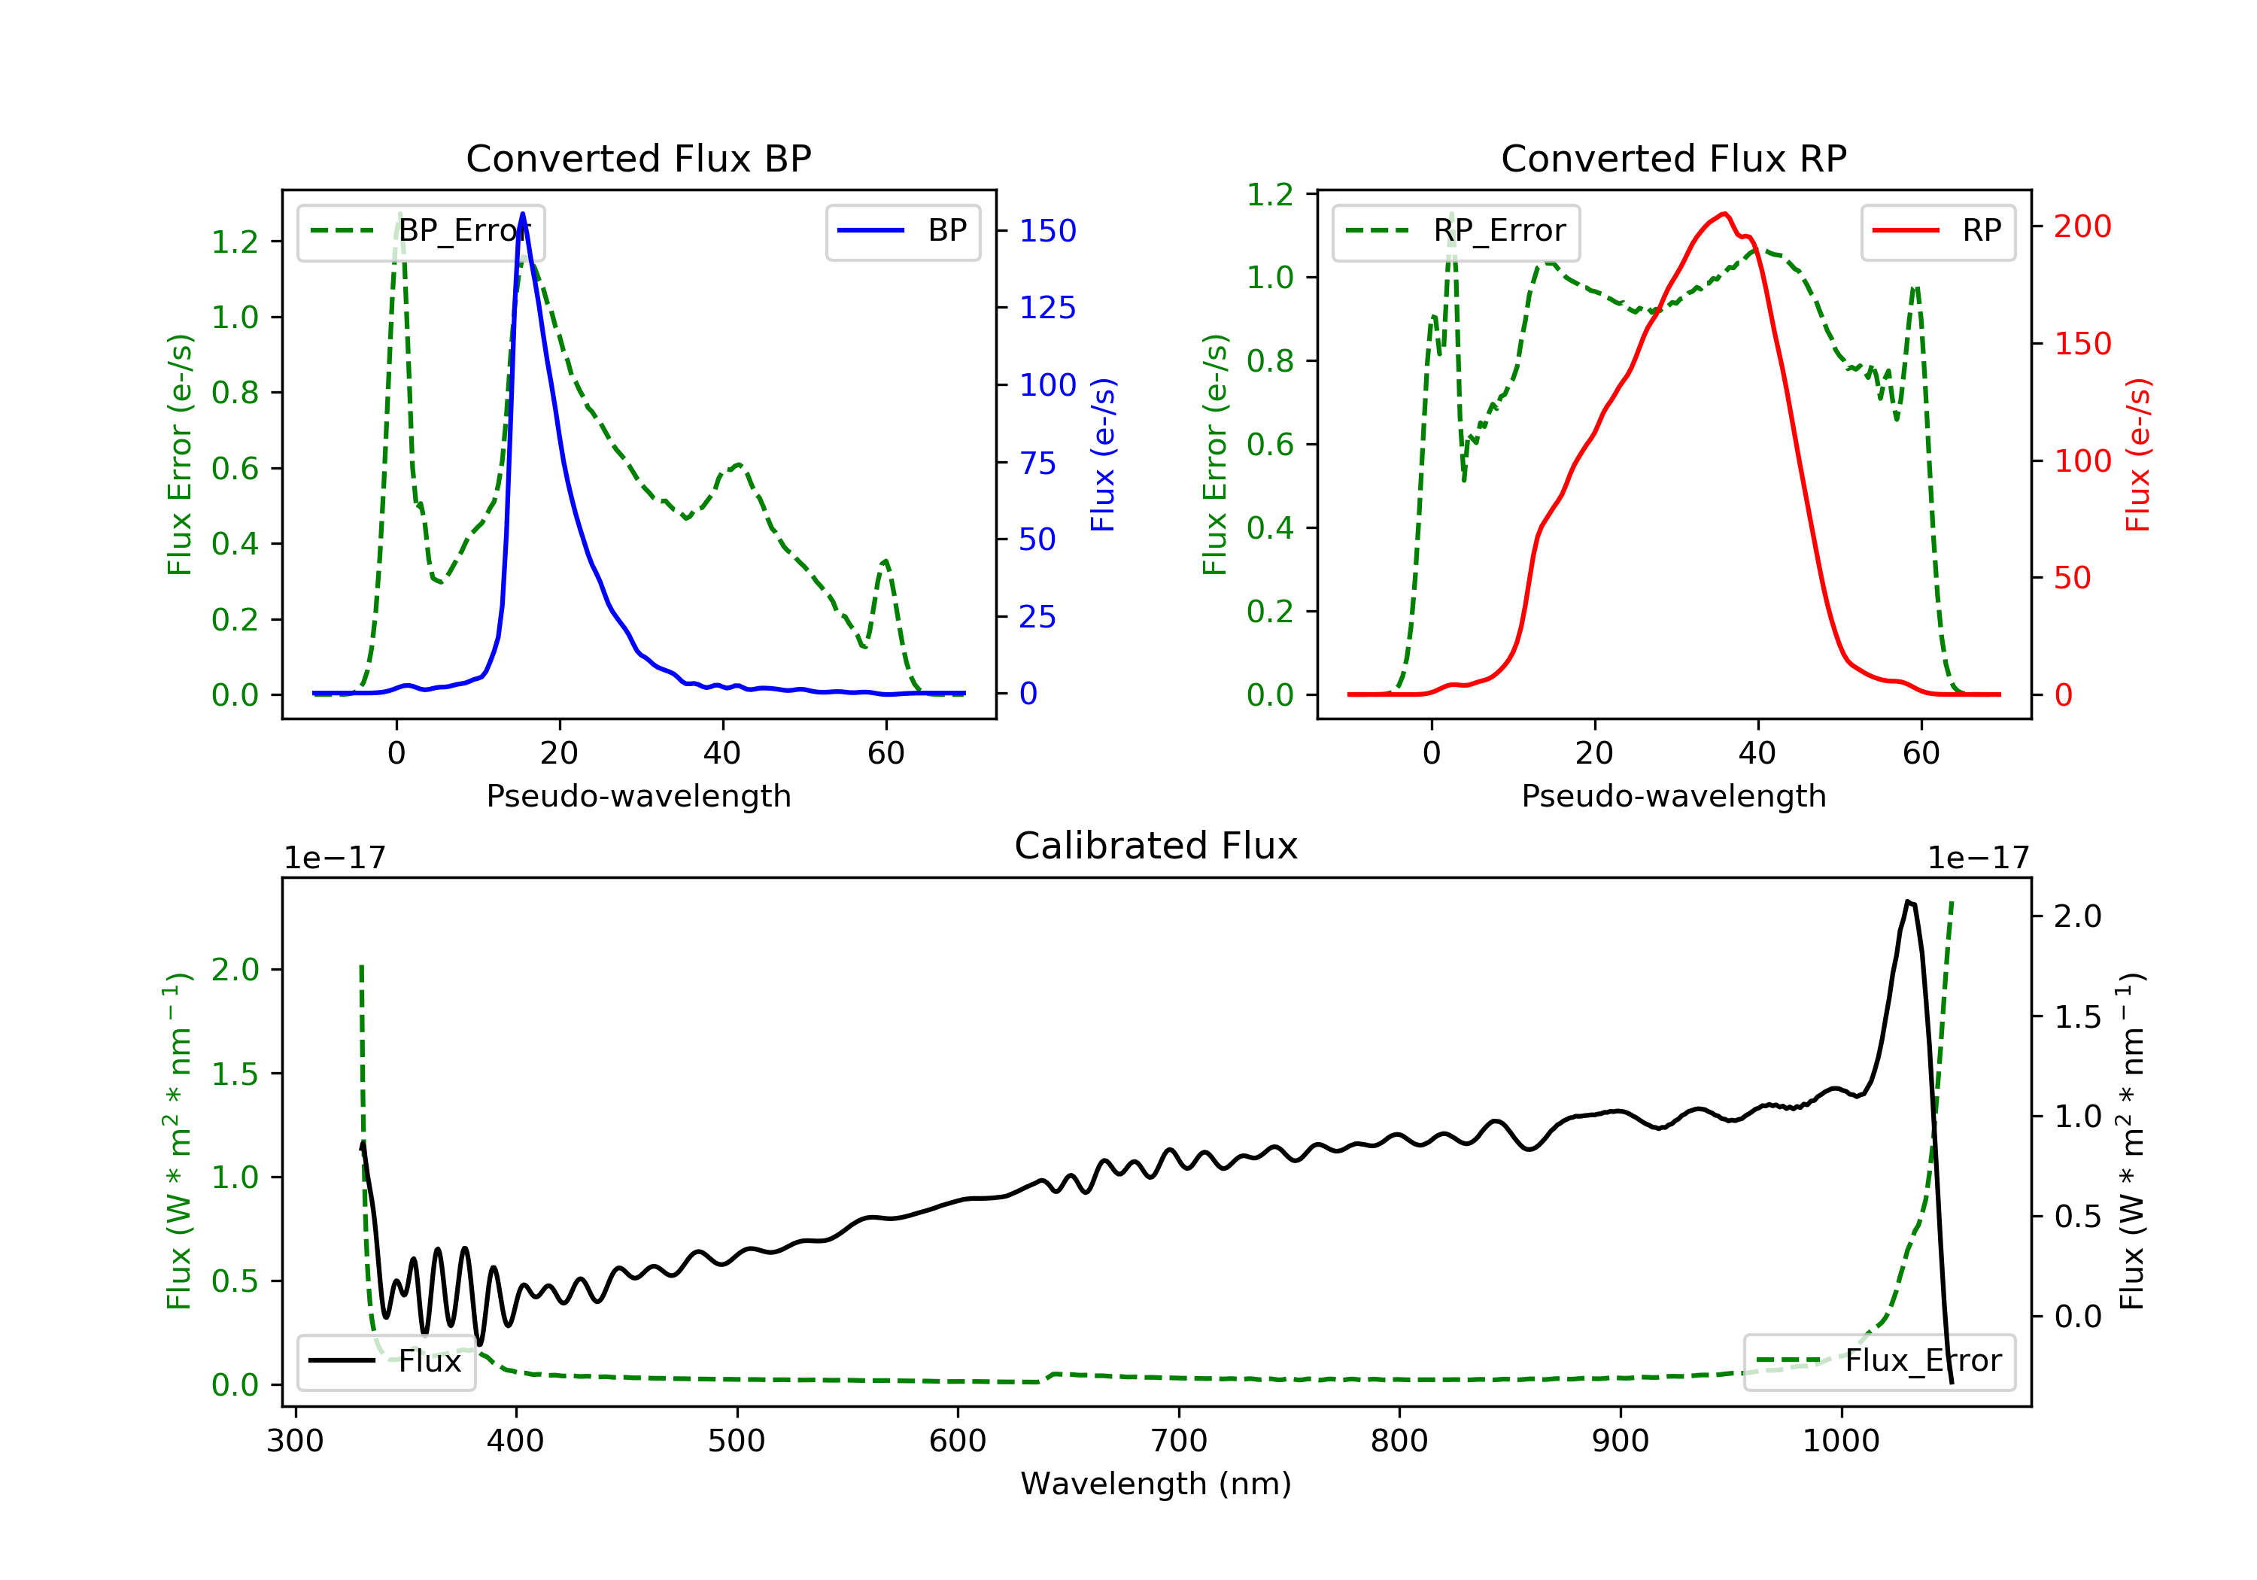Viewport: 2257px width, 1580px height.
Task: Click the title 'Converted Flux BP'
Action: tap(639, 158)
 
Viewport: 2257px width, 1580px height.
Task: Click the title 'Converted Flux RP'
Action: tap(1674, 158)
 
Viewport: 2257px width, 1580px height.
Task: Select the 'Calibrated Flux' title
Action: tap(1156, 846)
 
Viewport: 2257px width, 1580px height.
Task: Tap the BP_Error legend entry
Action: tap(421, 231)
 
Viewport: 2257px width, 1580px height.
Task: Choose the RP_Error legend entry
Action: tap(1456, 231)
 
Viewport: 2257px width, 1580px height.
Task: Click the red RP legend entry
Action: tap(1937, 231)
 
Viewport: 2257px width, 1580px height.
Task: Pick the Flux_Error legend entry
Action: tap(1879, 1361)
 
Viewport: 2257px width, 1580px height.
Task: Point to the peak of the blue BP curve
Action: tap(522, 214)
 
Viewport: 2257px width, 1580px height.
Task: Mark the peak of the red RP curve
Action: tap(1725, 214)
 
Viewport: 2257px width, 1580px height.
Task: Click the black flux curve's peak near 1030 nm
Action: tap(1907, 901)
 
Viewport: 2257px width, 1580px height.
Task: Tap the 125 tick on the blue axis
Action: tap(1047, 308)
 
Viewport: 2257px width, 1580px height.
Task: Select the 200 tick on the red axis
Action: tap(2082, 226)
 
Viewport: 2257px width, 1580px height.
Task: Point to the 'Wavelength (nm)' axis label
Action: tap(1156, 1484)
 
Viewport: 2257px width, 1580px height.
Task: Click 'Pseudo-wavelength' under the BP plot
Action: tap(639, 795)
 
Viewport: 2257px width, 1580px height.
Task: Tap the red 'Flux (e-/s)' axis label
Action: tap(2139, 455)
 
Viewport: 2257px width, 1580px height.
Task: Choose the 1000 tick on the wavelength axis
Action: tap(1841, 1442)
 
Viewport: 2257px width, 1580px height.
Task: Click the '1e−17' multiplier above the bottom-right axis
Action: tap(1978, 858)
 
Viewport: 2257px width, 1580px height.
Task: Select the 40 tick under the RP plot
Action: tap(1757, 753)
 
